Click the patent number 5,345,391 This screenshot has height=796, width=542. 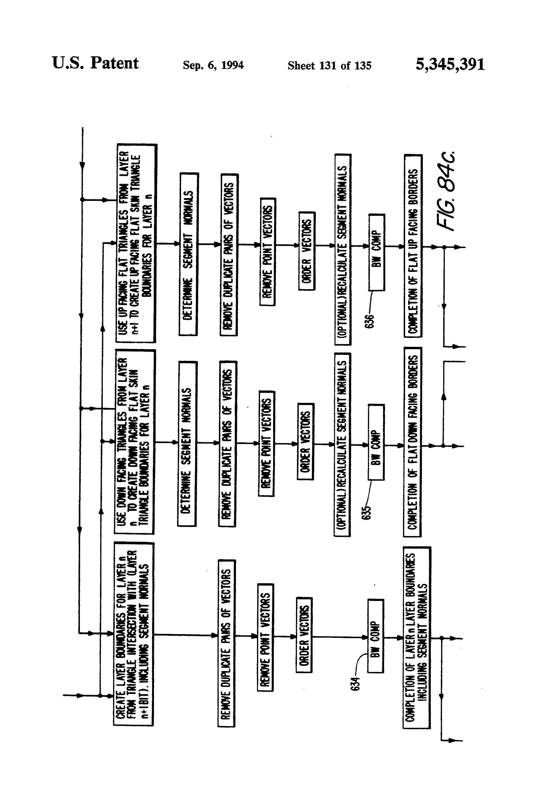click(450, 64)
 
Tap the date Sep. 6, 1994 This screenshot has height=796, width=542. click(213, 65)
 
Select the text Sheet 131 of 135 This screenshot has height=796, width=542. click(329, 65)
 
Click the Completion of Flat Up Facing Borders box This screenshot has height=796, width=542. click(413, 245)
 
